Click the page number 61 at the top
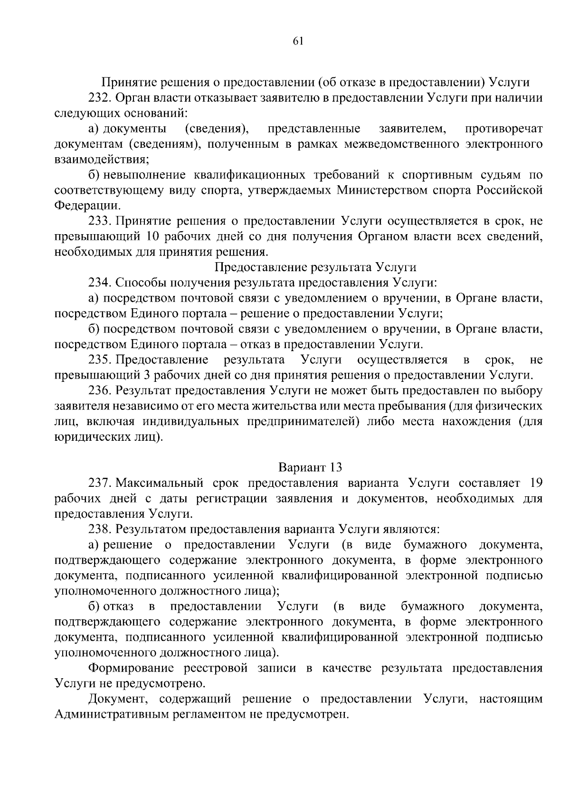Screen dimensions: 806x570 click(x=298, y=41)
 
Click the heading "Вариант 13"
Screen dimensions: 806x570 click(x=310, y=467)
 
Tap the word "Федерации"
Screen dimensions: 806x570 click(x=85, y=206)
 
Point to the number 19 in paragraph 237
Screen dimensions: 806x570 click(x=535, y=483)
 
